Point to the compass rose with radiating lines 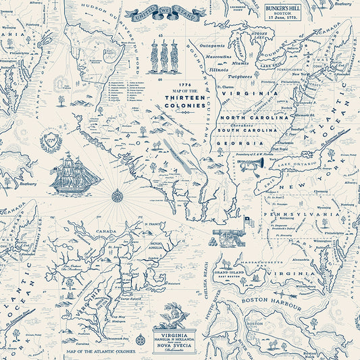[x=117, y=197]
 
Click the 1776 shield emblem [x=52, y=143]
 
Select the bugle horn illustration [x=252, y=164]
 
